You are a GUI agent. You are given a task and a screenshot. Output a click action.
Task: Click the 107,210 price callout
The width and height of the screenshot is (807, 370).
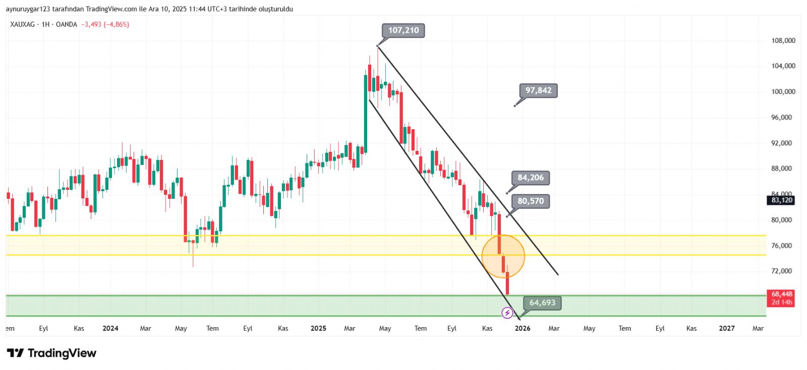[x=403, y=31]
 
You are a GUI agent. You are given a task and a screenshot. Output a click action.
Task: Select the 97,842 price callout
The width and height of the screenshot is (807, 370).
[x=538, y=91]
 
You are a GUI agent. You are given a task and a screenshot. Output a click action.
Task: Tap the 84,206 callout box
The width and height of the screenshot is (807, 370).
[x=531, y=178]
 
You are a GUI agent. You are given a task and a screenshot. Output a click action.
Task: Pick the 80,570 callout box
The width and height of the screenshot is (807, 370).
[x=531, y=201]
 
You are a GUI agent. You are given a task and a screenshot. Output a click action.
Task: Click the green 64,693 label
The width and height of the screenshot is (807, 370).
[x=542, y=303]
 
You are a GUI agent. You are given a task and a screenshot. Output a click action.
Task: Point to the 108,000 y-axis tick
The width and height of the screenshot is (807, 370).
[x=783, y=41]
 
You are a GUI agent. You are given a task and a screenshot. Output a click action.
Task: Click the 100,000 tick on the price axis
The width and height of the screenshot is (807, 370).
[x=783, y=92]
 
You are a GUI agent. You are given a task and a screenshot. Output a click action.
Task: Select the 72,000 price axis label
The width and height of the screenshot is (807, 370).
[x=781, y=271]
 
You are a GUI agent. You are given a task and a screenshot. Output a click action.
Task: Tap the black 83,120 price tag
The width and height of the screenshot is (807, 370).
[x=781, y=200]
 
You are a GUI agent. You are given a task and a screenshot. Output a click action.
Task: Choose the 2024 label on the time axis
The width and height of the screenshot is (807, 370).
[x=110, y=329]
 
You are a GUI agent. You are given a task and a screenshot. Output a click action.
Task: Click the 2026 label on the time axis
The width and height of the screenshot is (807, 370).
[x=523, y=329]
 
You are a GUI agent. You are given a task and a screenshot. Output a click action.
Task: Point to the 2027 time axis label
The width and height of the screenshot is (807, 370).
[x=727, y=329]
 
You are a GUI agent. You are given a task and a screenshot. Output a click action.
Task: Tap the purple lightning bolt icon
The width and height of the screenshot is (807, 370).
[x=507, y=313]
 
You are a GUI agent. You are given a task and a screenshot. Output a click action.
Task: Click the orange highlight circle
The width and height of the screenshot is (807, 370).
[x=503, y=256]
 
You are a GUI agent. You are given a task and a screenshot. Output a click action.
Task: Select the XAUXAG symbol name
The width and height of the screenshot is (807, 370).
[x=23, y=24]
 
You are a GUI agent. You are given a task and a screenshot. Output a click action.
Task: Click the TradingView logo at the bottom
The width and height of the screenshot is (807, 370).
[x=51, y=353]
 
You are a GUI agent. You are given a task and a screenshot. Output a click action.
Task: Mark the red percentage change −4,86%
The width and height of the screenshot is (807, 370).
[x=117, y=24]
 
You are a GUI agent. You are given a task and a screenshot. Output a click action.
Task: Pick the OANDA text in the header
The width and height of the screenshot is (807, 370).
[x=67, y=24]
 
